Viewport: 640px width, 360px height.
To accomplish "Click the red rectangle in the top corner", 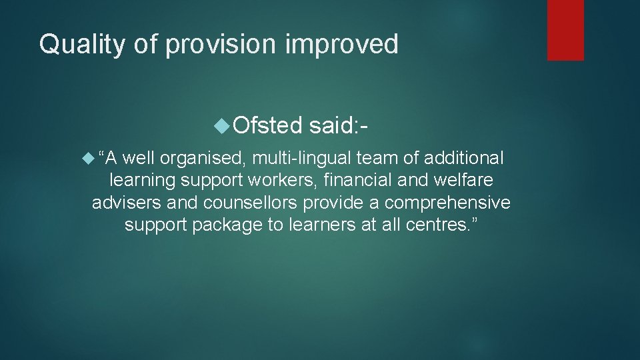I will click(565, 30).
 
